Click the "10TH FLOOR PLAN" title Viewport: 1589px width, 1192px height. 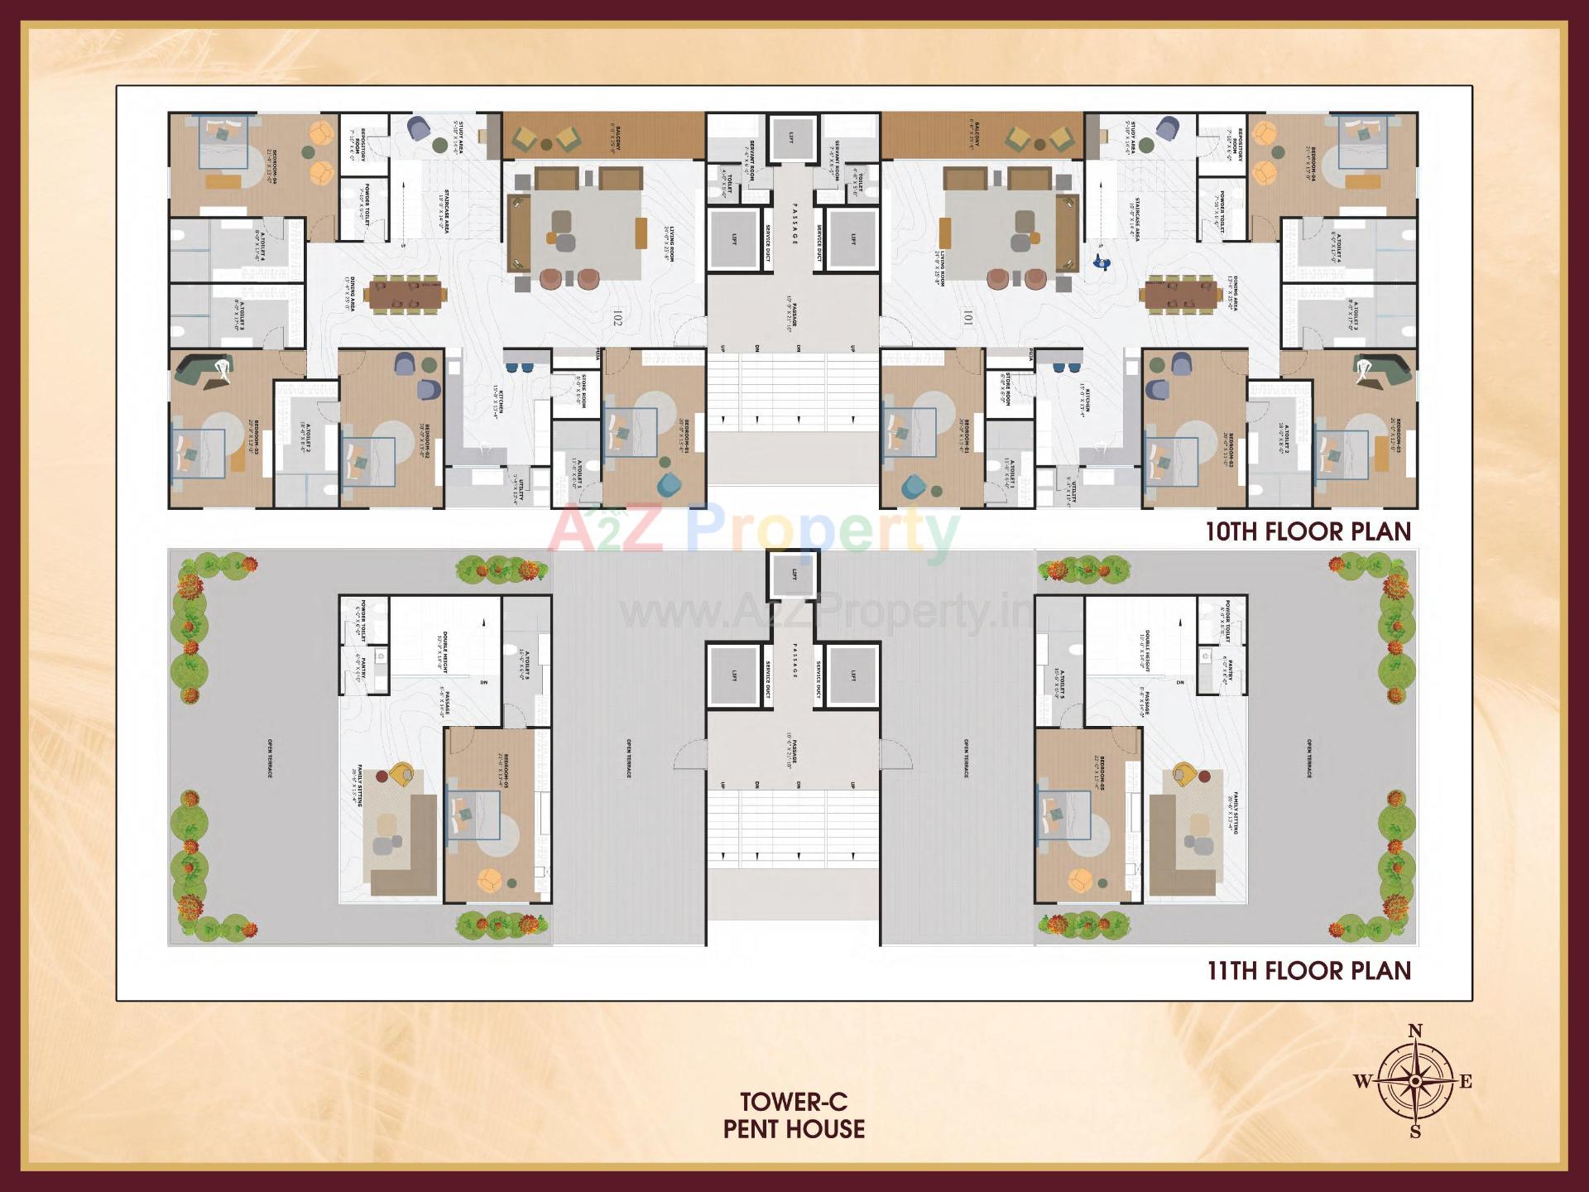click(x=1308, y=531)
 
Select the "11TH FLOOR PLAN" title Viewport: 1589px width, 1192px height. click(x=1308, y=970)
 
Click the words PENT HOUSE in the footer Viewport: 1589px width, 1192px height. click(x=794, y=1129)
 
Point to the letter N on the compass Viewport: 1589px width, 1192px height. click(x=1415, y=1031)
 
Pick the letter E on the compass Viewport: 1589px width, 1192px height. click(x=1466, y=1082)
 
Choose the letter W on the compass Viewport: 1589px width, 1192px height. click(x=1362, y=1081)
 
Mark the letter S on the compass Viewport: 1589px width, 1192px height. click(x=1415, y=1132)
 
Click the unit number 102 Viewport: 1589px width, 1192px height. click(x=617, y=318)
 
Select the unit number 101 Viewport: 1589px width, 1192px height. click(x=969, y=318)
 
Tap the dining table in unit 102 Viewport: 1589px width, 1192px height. click(x=406, y=293)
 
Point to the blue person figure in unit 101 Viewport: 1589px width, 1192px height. click(x=1100, y=262)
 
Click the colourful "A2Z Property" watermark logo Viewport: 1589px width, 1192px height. click(x=753, y=531)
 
